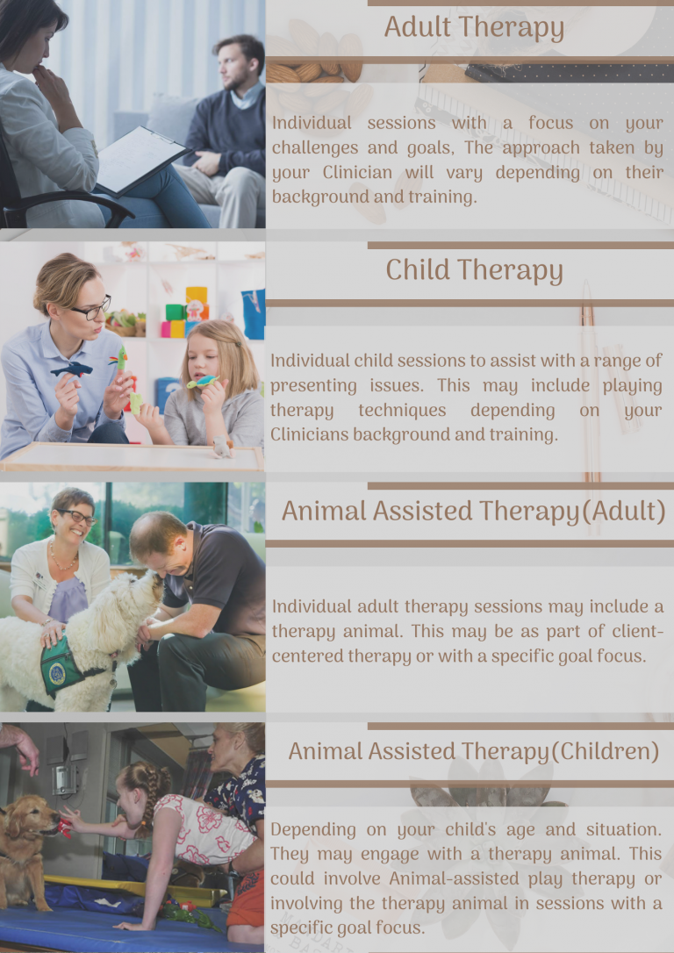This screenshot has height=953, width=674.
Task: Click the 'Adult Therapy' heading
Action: click(474, 29)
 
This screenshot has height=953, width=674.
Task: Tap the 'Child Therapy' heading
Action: click(474, 270)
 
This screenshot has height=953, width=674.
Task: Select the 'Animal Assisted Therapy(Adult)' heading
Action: click(473, 511)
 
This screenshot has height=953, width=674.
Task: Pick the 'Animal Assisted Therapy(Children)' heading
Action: click(473, 752)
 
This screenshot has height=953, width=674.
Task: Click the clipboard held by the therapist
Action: click(141, 160)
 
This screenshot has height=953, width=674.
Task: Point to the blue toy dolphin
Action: click(72, 369)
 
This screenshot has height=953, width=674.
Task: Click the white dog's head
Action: click(137, 598)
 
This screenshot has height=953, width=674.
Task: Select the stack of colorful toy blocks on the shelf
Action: click(185, 312)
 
